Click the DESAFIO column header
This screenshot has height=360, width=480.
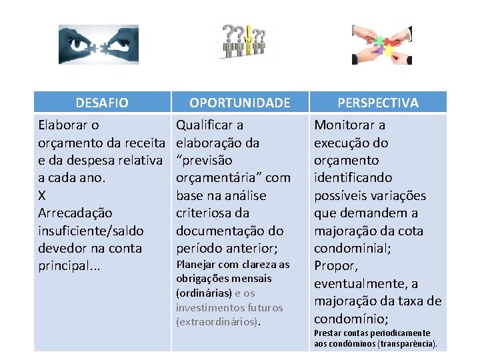point(102,103)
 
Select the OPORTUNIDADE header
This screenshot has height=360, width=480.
point(240,103)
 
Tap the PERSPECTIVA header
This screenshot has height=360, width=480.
point(378,103)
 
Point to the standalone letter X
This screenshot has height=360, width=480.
point(43,195)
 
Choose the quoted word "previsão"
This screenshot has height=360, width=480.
point(204,160)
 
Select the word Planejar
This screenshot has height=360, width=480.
point(195,265)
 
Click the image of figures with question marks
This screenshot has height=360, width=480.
point(244,41)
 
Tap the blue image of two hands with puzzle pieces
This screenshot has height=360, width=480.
point(98,45)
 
